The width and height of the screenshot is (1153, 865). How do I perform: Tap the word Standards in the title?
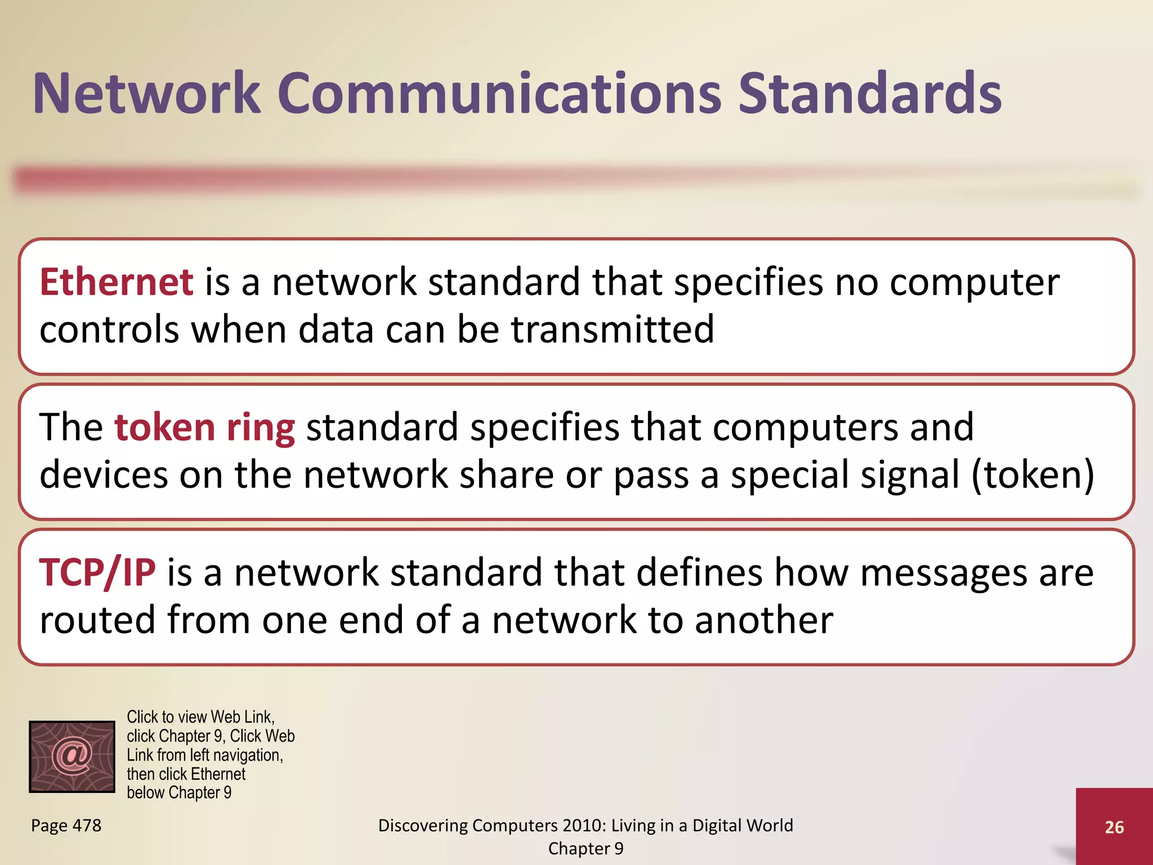[870, 93]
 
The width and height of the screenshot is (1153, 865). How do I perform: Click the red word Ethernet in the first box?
[117, 282]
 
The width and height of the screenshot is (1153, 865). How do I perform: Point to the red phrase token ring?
[204, 427]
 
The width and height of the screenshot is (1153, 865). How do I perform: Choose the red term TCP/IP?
[97, 572]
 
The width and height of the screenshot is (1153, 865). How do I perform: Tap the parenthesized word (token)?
[1033, 474]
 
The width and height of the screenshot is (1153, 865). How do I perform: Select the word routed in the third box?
[97, 619]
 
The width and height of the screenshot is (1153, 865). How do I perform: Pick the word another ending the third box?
[763, 619]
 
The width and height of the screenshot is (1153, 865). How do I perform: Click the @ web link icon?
[72, 756]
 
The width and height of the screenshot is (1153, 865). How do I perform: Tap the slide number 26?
[1114, 827]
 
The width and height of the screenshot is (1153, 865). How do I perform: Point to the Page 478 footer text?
[66, 826]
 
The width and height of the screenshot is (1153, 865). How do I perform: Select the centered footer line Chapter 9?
[586, 849]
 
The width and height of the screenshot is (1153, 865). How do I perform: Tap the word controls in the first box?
[109, 329]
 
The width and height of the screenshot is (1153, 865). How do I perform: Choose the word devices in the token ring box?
[104, 474]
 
